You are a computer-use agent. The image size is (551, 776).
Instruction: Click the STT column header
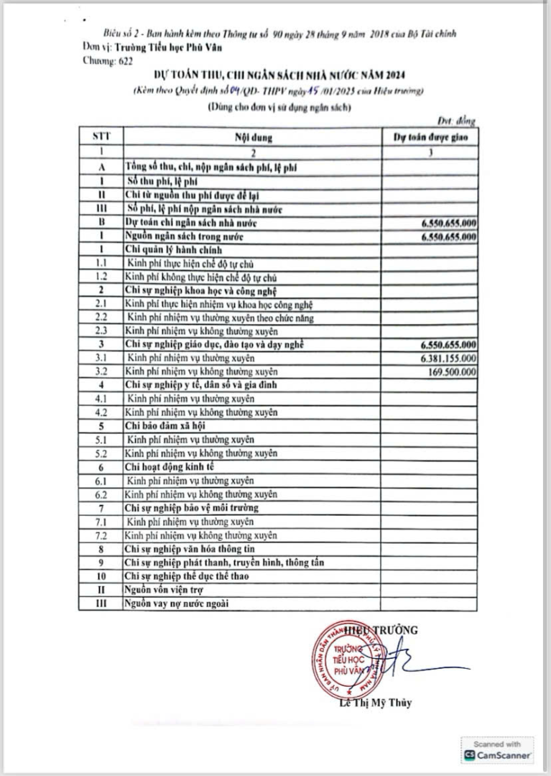tap(101, 136)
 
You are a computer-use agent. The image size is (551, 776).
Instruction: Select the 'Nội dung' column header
tap(253, 136)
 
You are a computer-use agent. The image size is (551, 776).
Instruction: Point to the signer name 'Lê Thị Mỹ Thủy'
tap(375, 703)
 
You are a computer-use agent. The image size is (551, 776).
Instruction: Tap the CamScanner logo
tap(498, 755)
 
